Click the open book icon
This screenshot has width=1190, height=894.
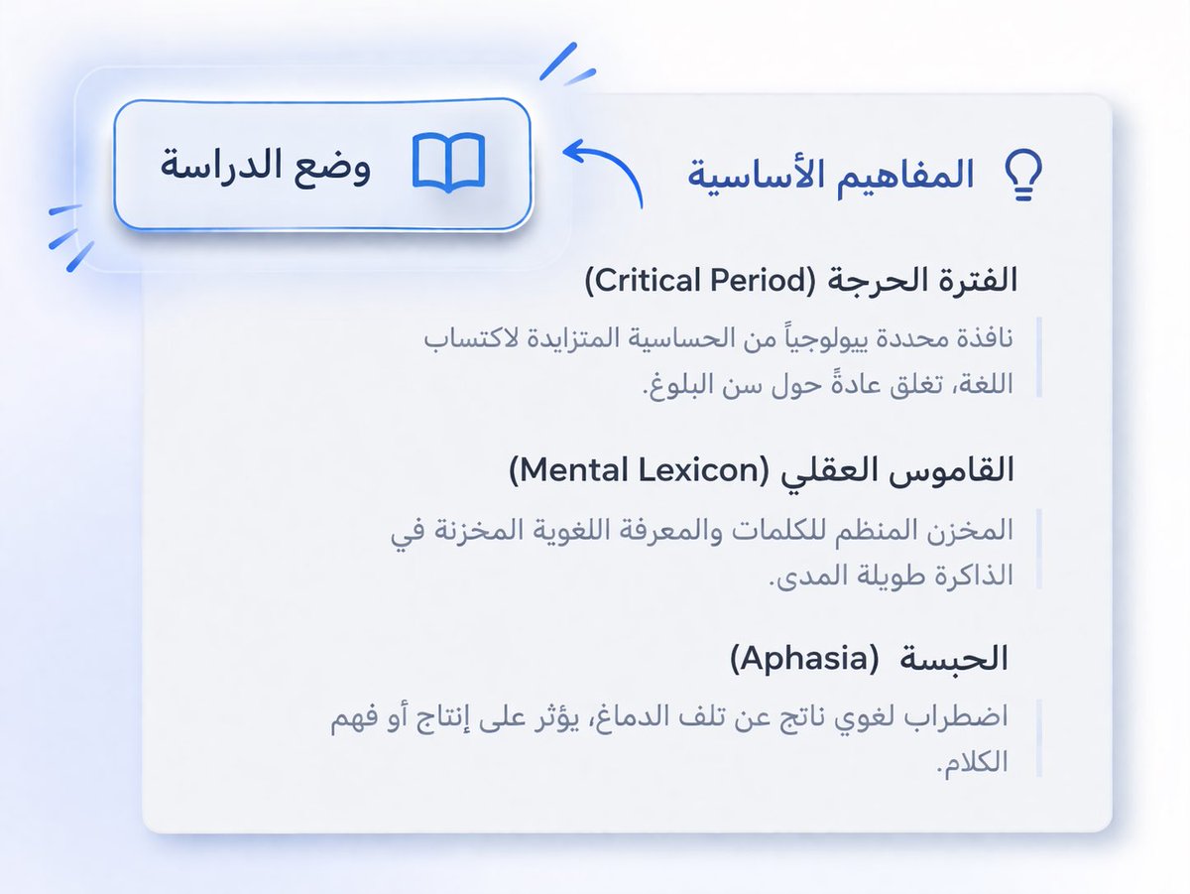448,164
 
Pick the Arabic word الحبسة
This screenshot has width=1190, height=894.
965,658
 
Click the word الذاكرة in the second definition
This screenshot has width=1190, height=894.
973,576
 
